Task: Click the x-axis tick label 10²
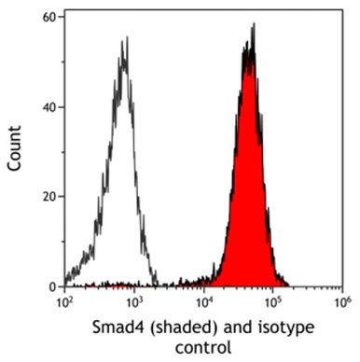click(65, 302)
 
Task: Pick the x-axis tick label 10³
click(134, 302)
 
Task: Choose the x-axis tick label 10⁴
click(204, 302)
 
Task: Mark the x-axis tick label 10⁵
click(273, 302)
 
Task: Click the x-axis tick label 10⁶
click(342, 302)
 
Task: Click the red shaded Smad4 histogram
click(248, 205)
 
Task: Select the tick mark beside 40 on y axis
click(62, 106)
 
